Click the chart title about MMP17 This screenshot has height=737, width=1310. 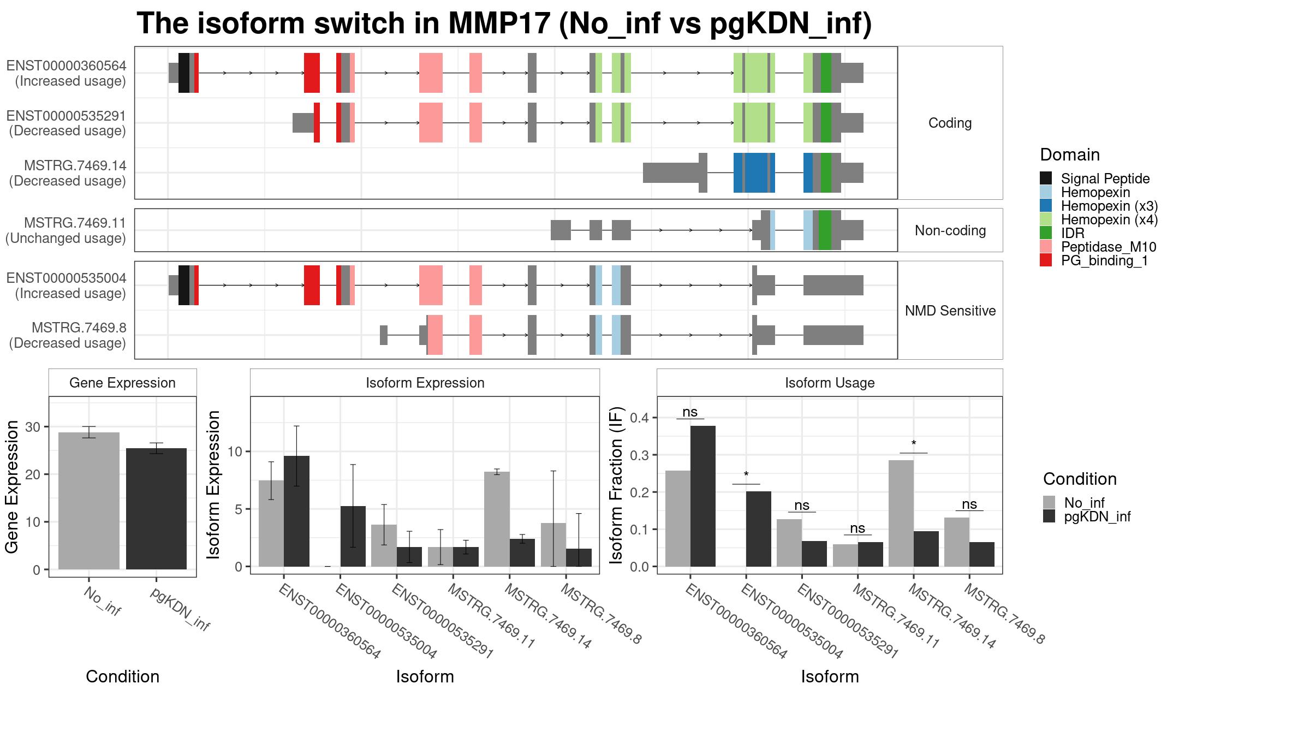click(504, 23)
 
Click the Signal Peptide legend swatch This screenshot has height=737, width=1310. click(1046, 179)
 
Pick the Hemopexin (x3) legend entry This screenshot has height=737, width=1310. click(1109, 206)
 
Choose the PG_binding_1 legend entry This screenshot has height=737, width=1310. click(1104, 260)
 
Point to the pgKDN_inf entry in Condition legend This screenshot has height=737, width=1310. click(1097, 516)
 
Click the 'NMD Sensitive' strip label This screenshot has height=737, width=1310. click(950, 311)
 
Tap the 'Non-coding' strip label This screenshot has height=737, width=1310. click(950, 230)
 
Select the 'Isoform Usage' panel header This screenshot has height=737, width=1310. click(830, 383)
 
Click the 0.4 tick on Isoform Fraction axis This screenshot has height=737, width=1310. click(639, 418)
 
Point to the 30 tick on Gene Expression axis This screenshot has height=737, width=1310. click(33, 427)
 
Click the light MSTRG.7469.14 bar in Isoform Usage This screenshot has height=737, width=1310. click(901, 513)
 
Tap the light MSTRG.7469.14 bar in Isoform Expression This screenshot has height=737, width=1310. click(497, 519)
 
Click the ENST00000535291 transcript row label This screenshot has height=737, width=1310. click(66, 123)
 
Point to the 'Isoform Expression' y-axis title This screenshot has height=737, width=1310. click(213, 484)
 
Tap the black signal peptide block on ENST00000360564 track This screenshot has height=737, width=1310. click(184, 73)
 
